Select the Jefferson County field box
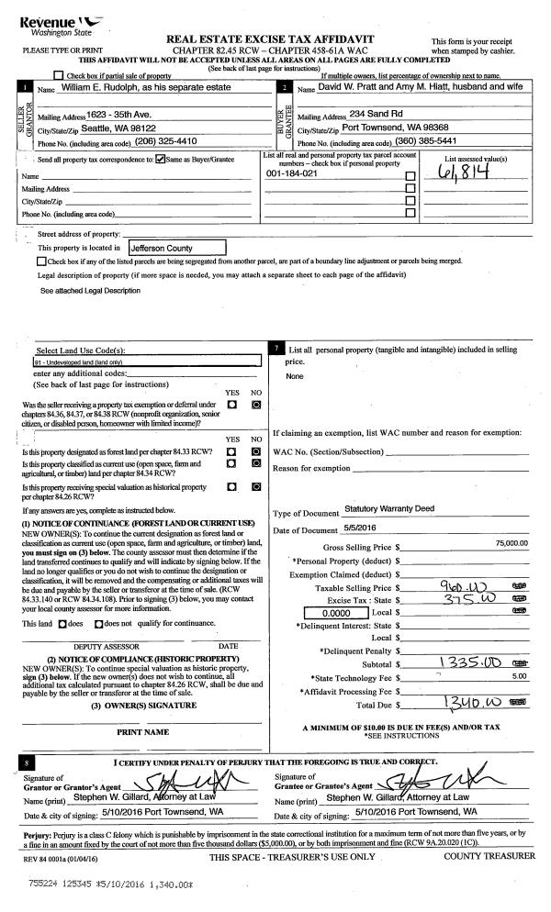[x=175, y=248]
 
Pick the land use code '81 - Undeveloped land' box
[x=142, y=363]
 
